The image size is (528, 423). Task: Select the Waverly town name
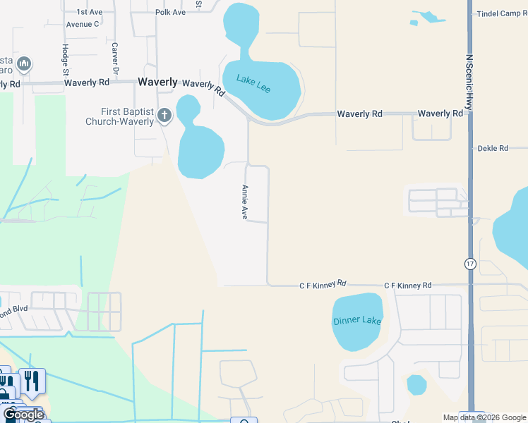coord(157,82)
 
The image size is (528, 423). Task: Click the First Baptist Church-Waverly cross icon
coord(164,115)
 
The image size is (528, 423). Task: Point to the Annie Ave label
coord(244,202)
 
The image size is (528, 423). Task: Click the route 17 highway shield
coord(470,263)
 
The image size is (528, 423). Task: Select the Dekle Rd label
coord(493,149)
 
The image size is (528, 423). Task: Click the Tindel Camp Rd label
coord(502,14)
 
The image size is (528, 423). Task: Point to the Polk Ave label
coord(170,13)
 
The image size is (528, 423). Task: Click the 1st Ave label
coord(89,13)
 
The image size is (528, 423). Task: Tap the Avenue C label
coord(83,24)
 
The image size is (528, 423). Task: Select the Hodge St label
coord(65,59)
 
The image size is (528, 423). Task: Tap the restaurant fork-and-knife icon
coord(31,381)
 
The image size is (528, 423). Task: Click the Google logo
coord(23,415)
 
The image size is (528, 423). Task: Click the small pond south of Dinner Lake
coord(416,385)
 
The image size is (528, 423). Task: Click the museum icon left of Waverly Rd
coord(23,65)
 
